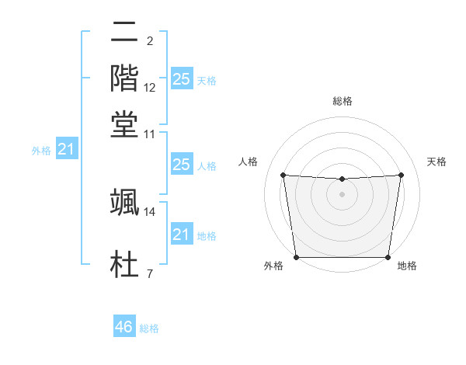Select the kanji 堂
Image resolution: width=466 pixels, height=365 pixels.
coord(124,124)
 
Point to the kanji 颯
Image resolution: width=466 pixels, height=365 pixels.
coord(124,203)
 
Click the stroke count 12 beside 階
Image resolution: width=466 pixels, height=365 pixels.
coord(150,88)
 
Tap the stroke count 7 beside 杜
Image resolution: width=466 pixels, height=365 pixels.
coord(150,273)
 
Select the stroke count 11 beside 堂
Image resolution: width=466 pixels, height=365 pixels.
coord(150,134)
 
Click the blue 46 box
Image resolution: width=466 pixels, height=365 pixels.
coord(123,327)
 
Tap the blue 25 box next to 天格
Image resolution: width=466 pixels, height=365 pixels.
coord(181,78)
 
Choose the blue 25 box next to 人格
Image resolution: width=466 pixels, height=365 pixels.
coord(181,164)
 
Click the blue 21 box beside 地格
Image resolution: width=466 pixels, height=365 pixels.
coord(181,234)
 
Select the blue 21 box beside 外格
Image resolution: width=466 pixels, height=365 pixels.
coord(65,148)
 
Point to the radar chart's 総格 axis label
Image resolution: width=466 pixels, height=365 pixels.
coord(343,101)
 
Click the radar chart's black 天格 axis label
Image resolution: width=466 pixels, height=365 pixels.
coord(436,162)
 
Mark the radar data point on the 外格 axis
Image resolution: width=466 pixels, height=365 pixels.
coord(296,257)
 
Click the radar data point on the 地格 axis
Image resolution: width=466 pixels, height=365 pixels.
coord(388,257)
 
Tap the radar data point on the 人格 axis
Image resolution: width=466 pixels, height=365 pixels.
coord(283,175)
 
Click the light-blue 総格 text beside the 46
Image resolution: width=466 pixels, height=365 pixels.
coord(149,328)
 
